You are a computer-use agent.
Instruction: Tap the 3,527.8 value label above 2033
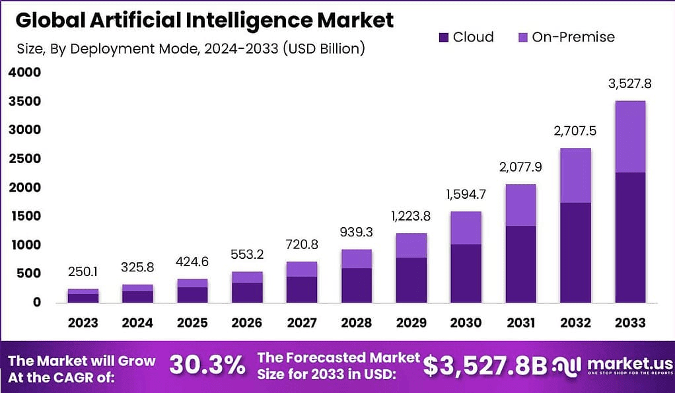pos(629,84)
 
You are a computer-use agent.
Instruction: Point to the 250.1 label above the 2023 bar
pos(83,272)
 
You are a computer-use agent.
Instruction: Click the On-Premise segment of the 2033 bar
pos(629,137)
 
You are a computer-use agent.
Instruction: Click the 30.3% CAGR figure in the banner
pos(207,365)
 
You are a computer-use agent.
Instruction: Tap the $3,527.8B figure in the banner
pos(484,365)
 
